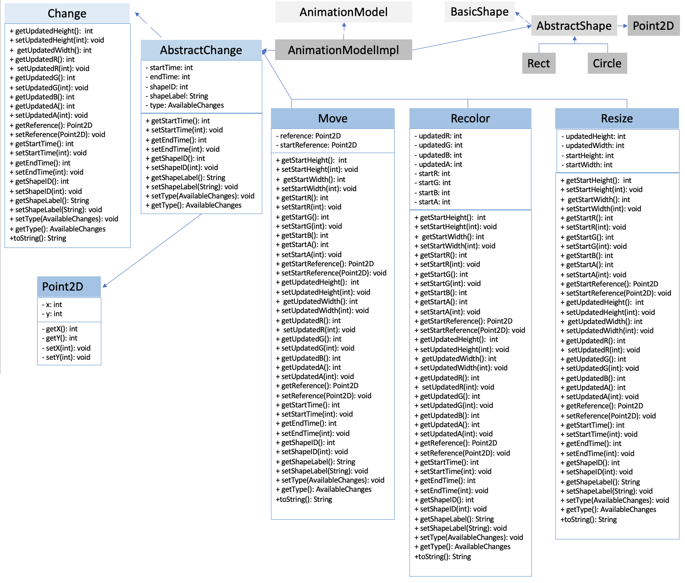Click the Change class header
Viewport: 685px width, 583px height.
67,13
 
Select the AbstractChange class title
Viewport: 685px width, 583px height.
201,50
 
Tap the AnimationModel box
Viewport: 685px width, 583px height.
343,12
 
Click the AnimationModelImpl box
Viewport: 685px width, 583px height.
343,50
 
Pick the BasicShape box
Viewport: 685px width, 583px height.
480,11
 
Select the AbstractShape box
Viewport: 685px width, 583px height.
574,26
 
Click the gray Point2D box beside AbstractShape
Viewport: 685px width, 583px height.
653,26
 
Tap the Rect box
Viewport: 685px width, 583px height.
538,63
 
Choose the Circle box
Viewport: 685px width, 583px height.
607,63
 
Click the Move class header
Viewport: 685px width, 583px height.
333,118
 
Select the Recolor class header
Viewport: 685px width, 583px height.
470,118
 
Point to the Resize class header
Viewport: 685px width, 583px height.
617,118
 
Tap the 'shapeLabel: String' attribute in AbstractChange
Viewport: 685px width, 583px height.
179,96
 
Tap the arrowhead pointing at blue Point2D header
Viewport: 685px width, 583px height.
105,285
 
